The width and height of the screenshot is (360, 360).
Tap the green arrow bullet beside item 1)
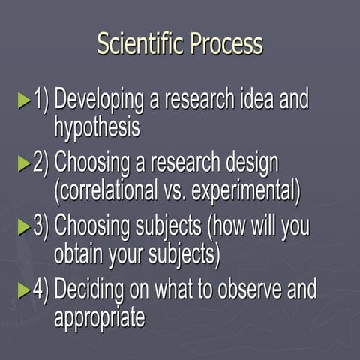(25, 100)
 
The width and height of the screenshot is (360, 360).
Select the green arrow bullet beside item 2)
(25, 163)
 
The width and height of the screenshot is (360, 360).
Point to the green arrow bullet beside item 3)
(25, 226)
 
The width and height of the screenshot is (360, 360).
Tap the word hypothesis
(97, 127)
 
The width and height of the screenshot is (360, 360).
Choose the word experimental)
(246, 190)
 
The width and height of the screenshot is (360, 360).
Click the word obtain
(82, 253)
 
